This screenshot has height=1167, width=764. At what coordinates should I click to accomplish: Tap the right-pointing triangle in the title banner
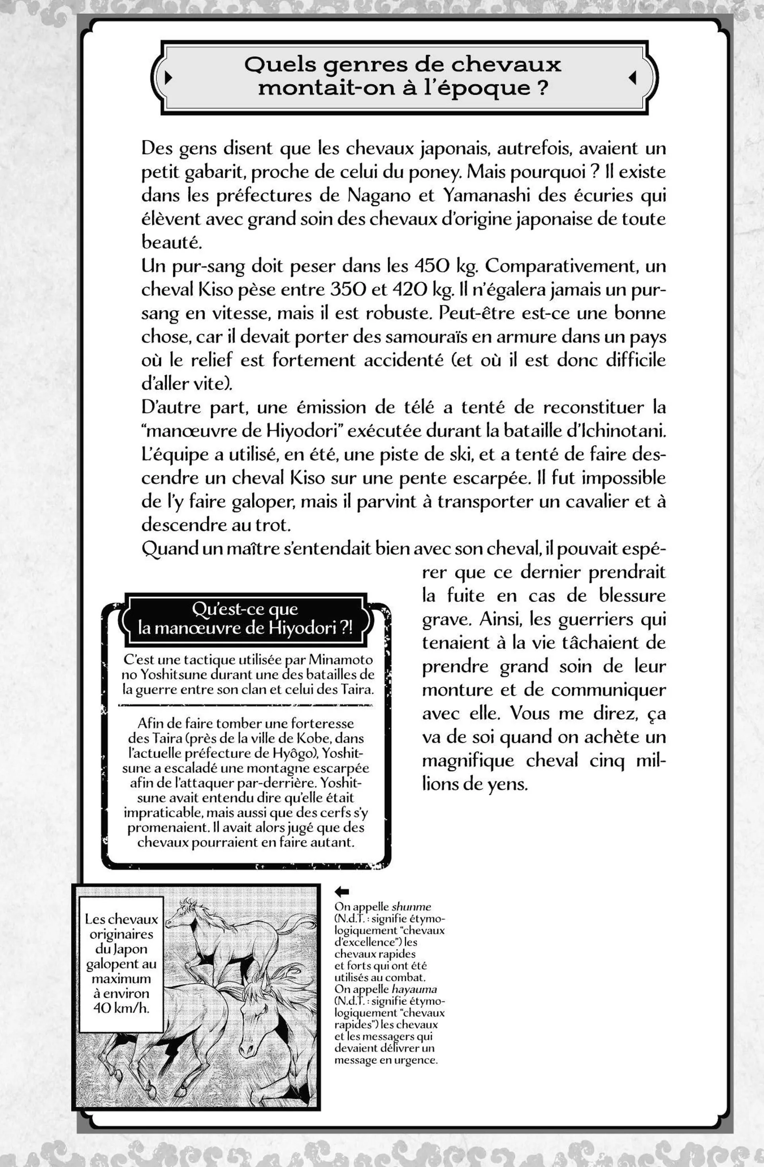click(168, 78)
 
